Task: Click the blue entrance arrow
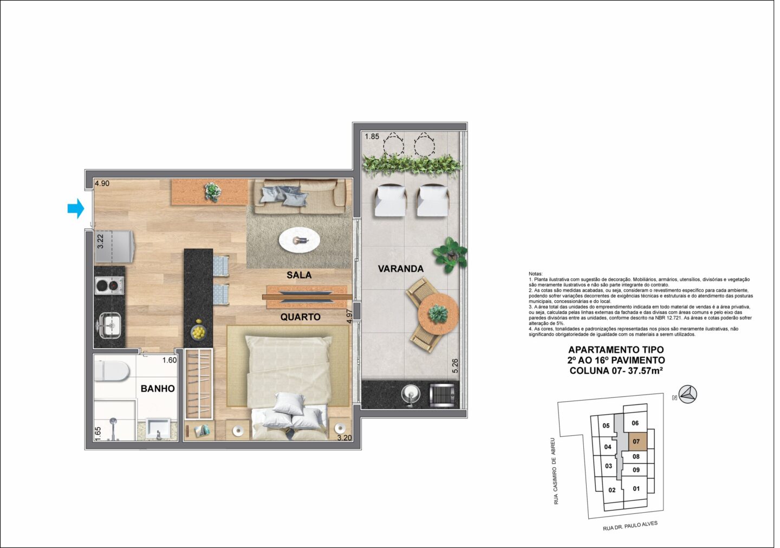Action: [76, 208]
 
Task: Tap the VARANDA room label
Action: [401, 269]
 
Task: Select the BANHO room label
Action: [158, 389]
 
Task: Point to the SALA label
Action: [299, 275]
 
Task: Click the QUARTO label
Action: [301, 317]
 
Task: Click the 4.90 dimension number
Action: [102, 183]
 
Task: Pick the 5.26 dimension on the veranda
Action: [455, 366]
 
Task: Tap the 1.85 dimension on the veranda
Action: [372, 136]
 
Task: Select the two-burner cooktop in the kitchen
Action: [109, 286]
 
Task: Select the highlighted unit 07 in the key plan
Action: [636, 441]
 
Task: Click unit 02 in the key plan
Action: [612, 490]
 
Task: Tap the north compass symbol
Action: [688, 395]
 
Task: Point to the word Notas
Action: [536, 274]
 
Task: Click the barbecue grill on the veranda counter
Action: [443, 395]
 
